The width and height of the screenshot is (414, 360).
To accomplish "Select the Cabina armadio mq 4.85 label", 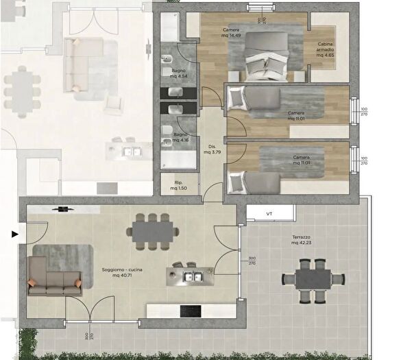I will tap(325, 50).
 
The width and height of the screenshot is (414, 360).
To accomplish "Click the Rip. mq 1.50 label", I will tap(178, 184).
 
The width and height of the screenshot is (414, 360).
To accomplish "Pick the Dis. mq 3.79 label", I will tap(212, 149).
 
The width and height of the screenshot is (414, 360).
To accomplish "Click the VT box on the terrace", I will tap(269, 214).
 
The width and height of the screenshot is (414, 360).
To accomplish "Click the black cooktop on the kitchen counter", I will tap(190, 311).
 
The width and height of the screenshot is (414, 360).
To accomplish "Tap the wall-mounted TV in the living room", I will tap(62, 208).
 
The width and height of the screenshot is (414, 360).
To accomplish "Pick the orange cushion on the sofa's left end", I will tap(32, 282).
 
